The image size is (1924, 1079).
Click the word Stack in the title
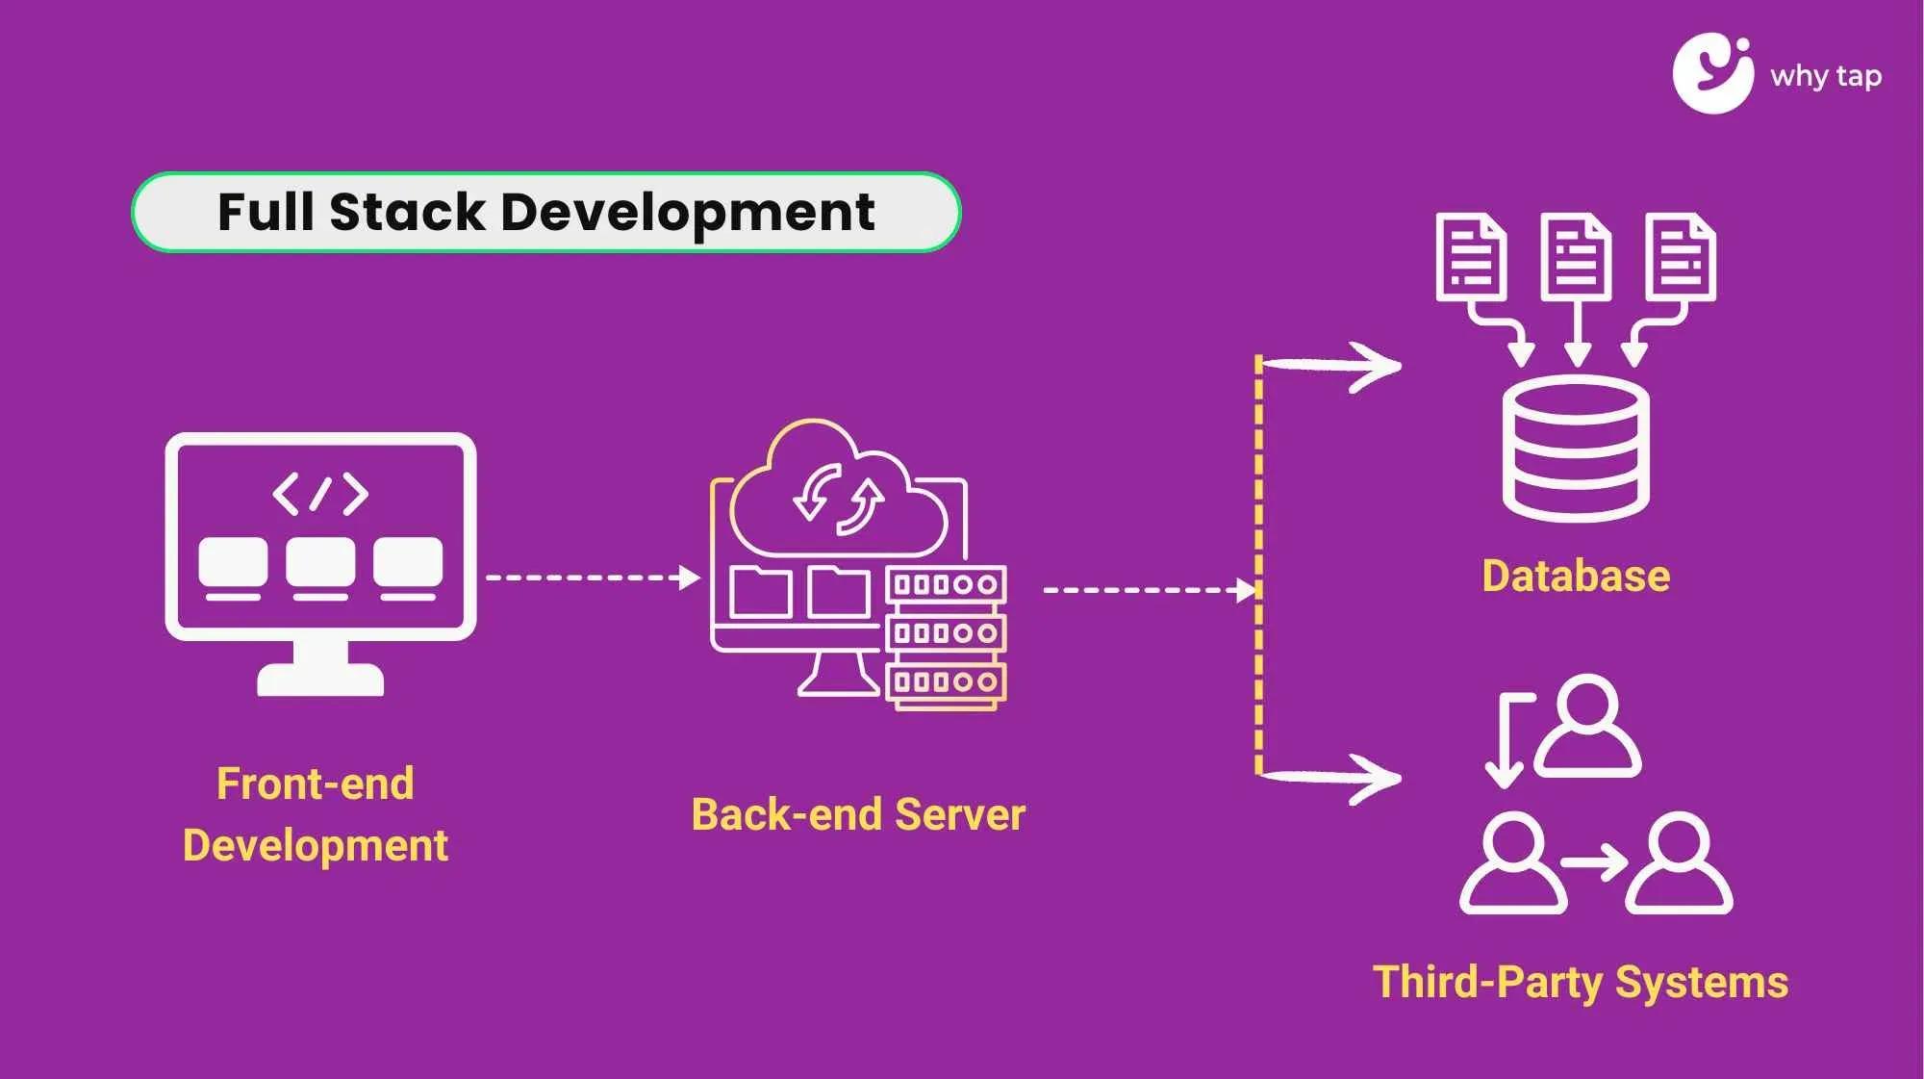(406, 212)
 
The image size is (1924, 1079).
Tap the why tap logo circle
(1712, 74)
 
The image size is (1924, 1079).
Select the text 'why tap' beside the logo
(1825, 76)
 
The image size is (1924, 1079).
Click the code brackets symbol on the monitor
(320, 494)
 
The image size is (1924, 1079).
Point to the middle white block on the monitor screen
(320, 562)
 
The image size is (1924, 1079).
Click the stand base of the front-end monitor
(320, 681)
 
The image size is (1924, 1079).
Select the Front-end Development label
(316, 814)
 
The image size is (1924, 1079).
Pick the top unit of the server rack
(945, 584)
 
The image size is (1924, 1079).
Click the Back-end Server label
(858, 814)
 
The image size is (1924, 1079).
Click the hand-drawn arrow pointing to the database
(1332, 366)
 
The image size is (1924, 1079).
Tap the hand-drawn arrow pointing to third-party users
(1332, 776)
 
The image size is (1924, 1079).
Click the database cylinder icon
(1575, 449)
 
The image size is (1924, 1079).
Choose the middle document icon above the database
(1575, 257)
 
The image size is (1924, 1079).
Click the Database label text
(1575, 576)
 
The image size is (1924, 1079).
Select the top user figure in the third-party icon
(1586, 727)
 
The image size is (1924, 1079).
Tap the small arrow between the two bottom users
(1594, 861)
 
